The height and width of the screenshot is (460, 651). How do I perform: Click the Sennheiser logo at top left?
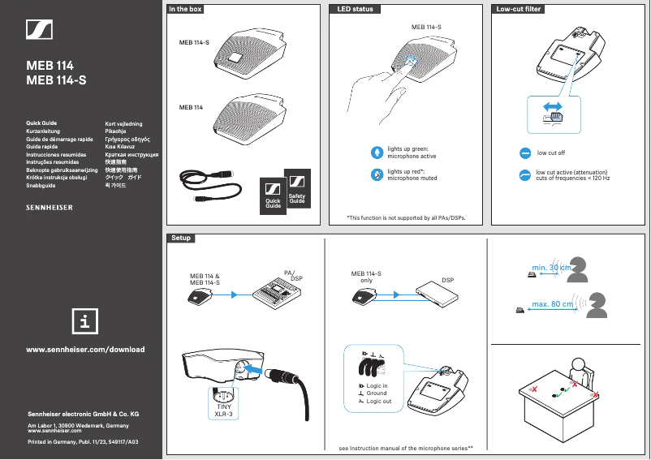[40, 31]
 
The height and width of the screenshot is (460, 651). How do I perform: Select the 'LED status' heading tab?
[355, 10]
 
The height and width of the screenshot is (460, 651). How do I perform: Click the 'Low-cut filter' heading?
[520, 10]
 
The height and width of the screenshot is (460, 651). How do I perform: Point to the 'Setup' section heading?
[180, 239]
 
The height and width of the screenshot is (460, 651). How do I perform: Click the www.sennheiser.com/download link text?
[86, 350]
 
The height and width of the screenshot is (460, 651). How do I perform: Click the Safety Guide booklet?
[297, 191]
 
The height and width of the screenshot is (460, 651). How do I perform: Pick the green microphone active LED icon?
[376, 153]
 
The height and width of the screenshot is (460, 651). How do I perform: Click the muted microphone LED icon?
[376, 174]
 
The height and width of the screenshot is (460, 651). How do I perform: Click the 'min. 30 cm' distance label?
[551, 267]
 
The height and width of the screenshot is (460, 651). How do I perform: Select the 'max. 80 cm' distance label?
[552, 304]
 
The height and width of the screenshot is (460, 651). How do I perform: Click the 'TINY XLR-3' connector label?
[223, 410]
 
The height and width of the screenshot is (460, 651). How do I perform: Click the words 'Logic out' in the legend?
[378, 401]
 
